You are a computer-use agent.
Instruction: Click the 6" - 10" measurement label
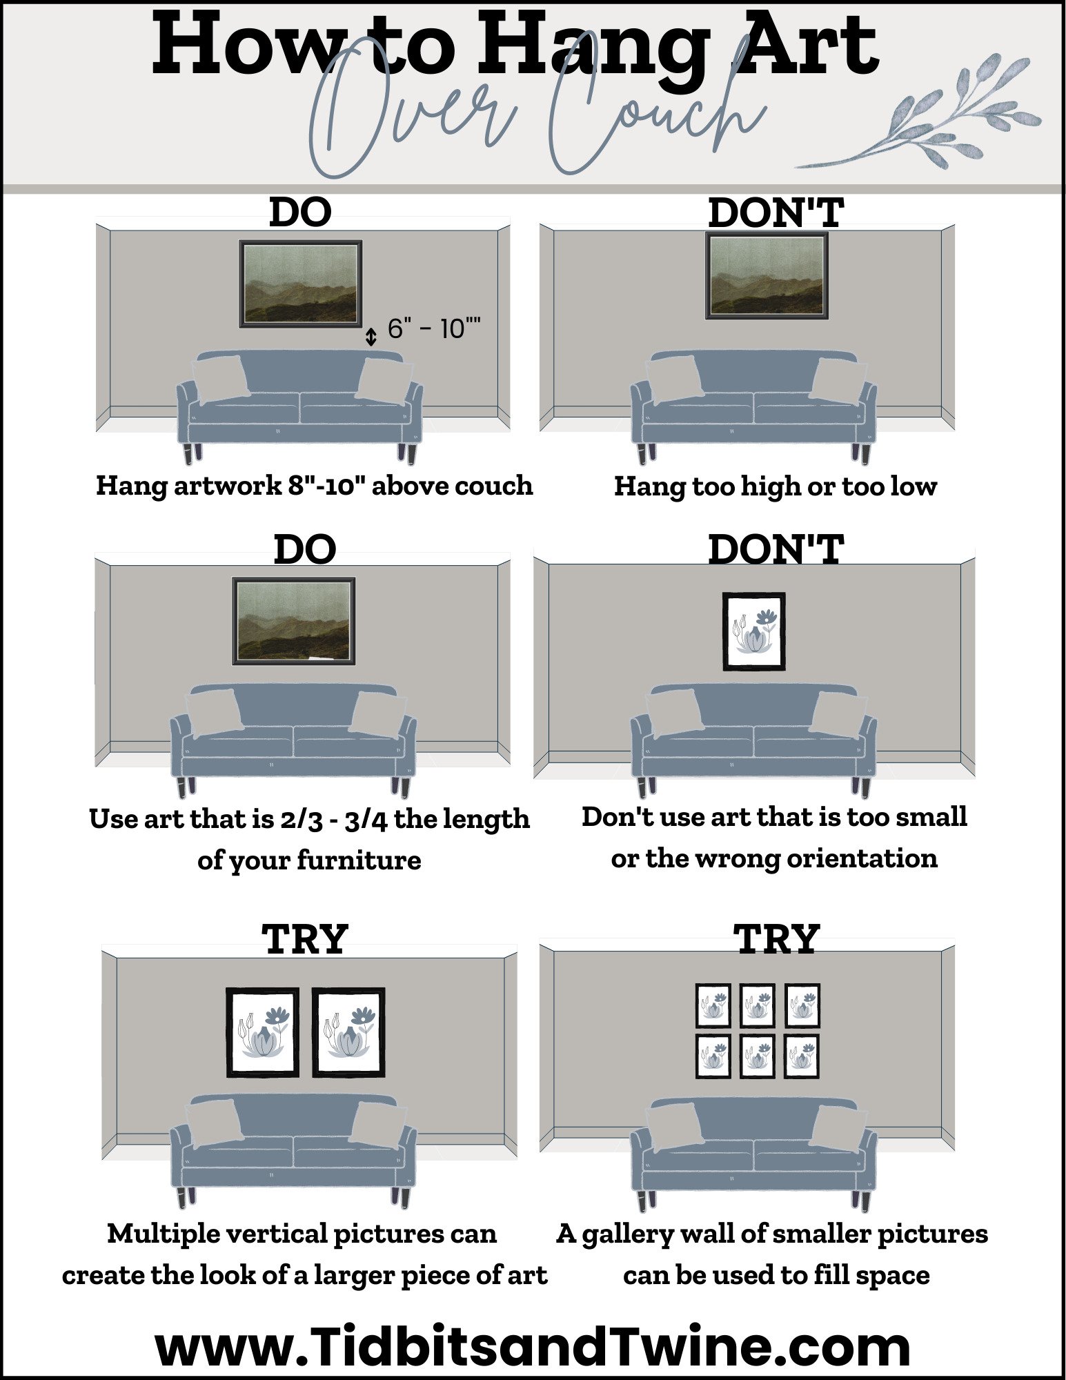(x=433, y=329)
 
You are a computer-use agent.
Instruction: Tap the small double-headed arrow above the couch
(x=371, y=337)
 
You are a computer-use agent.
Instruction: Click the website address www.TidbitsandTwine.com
(x=533, y=1346)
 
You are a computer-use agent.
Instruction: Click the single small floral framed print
(x=753, y=631)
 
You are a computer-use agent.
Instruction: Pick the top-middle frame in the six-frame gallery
(x=758, y=1005)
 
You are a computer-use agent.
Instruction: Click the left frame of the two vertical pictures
(x=263, y=1032)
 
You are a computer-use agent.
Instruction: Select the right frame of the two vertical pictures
(x=348, y=1032)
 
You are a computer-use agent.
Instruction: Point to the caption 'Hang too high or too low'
(x=775, y=486)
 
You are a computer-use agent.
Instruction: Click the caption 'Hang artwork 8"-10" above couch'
(x=314, y=485)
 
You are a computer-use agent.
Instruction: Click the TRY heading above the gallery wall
(x=776, y=940)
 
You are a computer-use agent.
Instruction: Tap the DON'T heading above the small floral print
(x=776, y=549)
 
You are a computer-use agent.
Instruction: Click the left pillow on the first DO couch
(x=221, y=378)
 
